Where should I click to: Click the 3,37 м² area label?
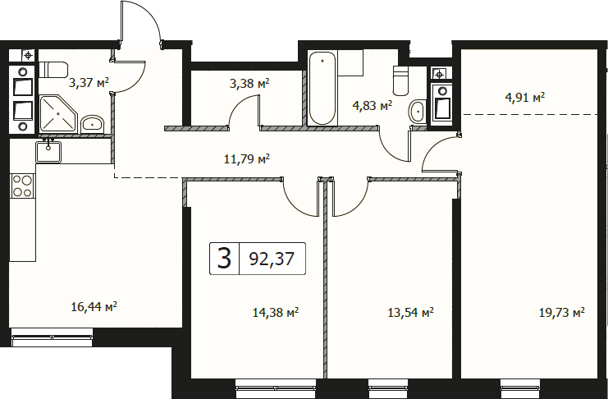(89, 82)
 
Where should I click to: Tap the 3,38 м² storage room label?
(249, 84)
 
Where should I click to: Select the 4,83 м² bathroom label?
(373, 105)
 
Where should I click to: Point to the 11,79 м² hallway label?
(247, 158)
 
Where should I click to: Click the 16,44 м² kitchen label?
(94, 307)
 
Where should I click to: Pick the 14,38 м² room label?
(276, 312)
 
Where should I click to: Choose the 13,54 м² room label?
(410, 312)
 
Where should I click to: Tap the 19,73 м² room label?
(562, 312)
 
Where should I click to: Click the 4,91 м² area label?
(525, 97)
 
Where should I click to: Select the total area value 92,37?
(272, 259)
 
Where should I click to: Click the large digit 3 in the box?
(225, 258)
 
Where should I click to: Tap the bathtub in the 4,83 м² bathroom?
(322, 89)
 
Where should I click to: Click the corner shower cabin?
(59, 114)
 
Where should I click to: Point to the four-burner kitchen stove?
(22, 186)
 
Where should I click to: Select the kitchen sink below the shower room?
(48, 151)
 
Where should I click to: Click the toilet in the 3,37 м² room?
(53, 70)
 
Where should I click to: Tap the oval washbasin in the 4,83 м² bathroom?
(417, 111)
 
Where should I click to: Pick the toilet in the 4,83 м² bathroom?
(401, 80)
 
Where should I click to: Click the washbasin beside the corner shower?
(92, 124)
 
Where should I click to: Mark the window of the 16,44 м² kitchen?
(52, 337)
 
